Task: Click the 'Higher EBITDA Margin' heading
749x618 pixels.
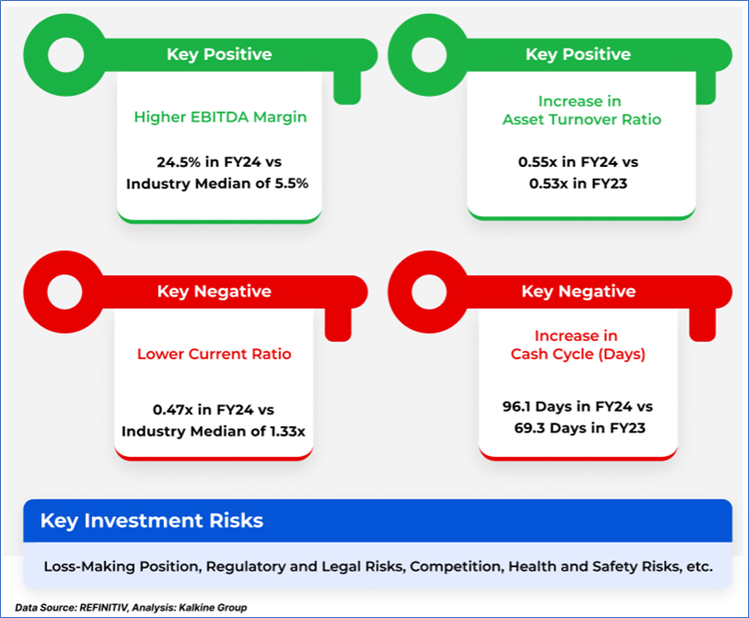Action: tap(220, 117)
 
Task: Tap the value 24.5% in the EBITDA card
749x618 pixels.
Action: tap(179, 162)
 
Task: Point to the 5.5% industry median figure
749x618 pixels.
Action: tap(291, 184)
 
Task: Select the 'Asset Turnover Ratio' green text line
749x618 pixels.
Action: tap(582, 119)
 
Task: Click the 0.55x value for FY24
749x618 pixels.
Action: tap(538, 162)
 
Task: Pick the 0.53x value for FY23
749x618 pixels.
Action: tap(548, 184)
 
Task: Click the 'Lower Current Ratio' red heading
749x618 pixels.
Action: tap(214, 354)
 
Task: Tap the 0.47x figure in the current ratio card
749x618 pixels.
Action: tap(173, 410)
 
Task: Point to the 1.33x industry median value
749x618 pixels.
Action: tap(288, 431)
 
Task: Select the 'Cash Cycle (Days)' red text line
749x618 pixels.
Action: tap(578, 354)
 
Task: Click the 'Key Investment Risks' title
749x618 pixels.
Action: tap(152, 520)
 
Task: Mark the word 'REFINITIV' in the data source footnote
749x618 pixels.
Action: tap(104, 607)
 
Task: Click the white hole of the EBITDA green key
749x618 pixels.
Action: tap(65, 55)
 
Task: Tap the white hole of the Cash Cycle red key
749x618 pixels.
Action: tap(429, 292)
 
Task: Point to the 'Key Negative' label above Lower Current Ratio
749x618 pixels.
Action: tap(214, 291)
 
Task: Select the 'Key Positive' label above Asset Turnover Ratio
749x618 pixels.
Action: tap(578, 54)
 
